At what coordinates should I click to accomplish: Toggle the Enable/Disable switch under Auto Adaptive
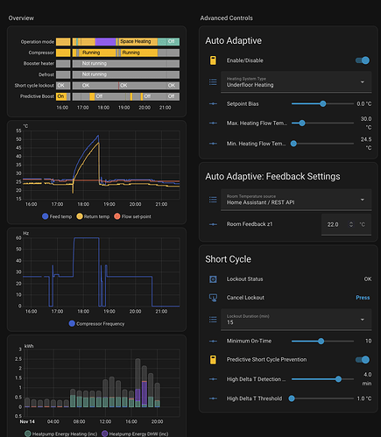tap(361, 60)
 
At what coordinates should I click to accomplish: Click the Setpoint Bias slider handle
tap(323, 103)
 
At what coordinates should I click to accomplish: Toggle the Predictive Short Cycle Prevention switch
tap(361, 359)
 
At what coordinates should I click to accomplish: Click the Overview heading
tap(21, 18)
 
